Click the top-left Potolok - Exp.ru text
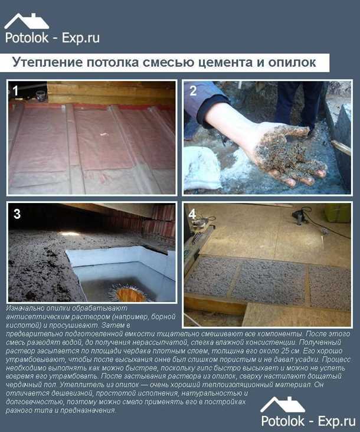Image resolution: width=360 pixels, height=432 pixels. pos(52,38)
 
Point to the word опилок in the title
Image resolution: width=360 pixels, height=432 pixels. pos(287,63)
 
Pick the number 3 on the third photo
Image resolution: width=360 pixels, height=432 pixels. pos(17,214)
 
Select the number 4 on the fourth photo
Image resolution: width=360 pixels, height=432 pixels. pos(192,214)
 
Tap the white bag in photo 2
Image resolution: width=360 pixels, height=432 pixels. pos(204,168)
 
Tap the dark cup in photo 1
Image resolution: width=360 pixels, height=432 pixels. pos(40,95)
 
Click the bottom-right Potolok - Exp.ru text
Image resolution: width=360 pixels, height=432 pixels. pos(307,421)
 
